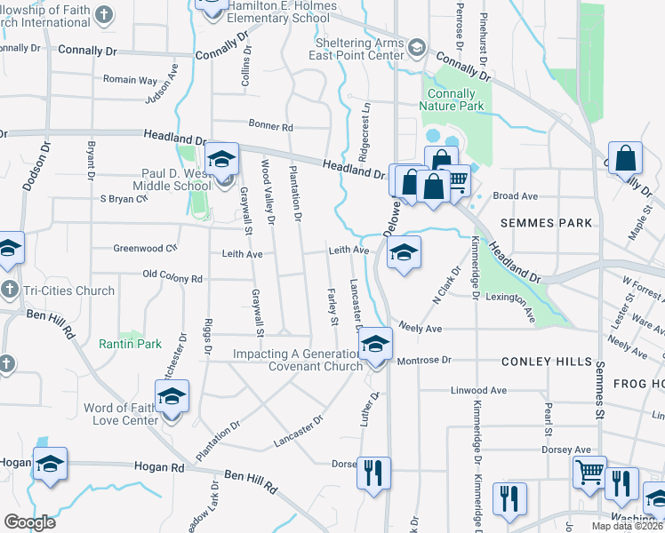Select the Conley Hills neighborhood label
[546, 362]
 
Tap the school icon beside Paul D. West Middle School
[220, 161]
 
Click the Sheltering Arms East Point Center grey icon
[416, 45]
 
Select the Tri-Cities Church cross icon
[8, 290]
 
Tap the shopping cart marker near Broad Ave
[456, 182]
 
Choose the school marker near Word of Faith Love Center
[172, 396]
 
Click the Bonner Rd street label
[271, 127]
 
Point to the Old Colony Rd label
[172, 279]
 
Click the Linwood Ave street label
[478, 390]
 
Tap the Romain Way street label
[130, 80]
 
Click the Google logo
[29, 521]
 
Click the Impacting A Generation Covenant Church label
[285, 360]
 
